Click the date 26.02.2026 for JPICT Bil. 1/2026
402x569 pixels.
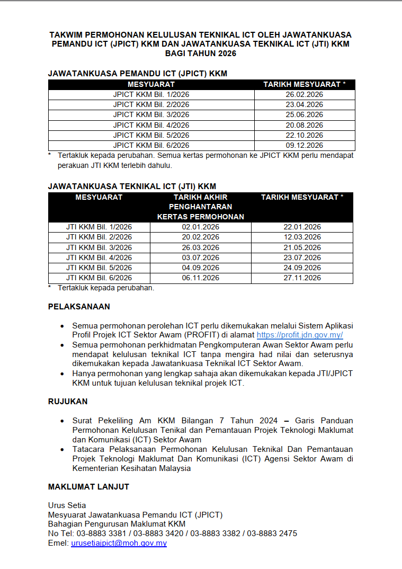tap(304, 95)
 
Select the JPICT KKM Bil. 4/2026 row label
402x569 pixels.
tap(151, 125)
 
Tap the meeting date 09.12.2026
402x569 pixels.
tap(304, 145)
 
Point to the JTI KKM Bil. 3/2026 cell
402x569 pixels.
tap(99, 247)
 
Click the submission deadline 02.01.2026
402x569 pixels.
tap(200, 227)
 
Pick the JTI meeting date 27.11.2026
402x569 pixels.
tap(302, 278)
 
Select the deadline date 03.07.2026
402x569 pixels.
tap(200, 257)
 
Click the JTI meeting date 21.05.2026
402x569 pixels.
tap(302, 247)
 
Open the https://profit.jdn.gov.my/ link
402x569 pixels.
tap(300, 335)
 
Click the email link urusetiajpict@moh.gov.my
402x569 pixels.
tap(119, 543)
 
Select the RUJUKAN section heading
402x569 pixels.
tap(68, 402)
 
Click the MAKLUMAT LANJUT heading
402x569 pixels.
tap(88, 487)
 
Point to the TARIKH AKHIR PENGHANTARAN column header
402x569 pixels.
tap(200, 207)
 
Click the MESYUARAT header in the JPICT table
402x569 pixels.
tap(151, 84)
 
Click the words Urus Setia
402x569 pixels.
tap(67, 505)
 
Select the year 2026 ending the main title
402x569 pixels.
tap(225, 54)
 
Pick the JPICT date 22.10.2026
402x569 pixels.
tap(304, 135)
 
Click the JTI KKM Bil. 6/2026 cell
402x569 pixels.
tap(99, 278)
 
